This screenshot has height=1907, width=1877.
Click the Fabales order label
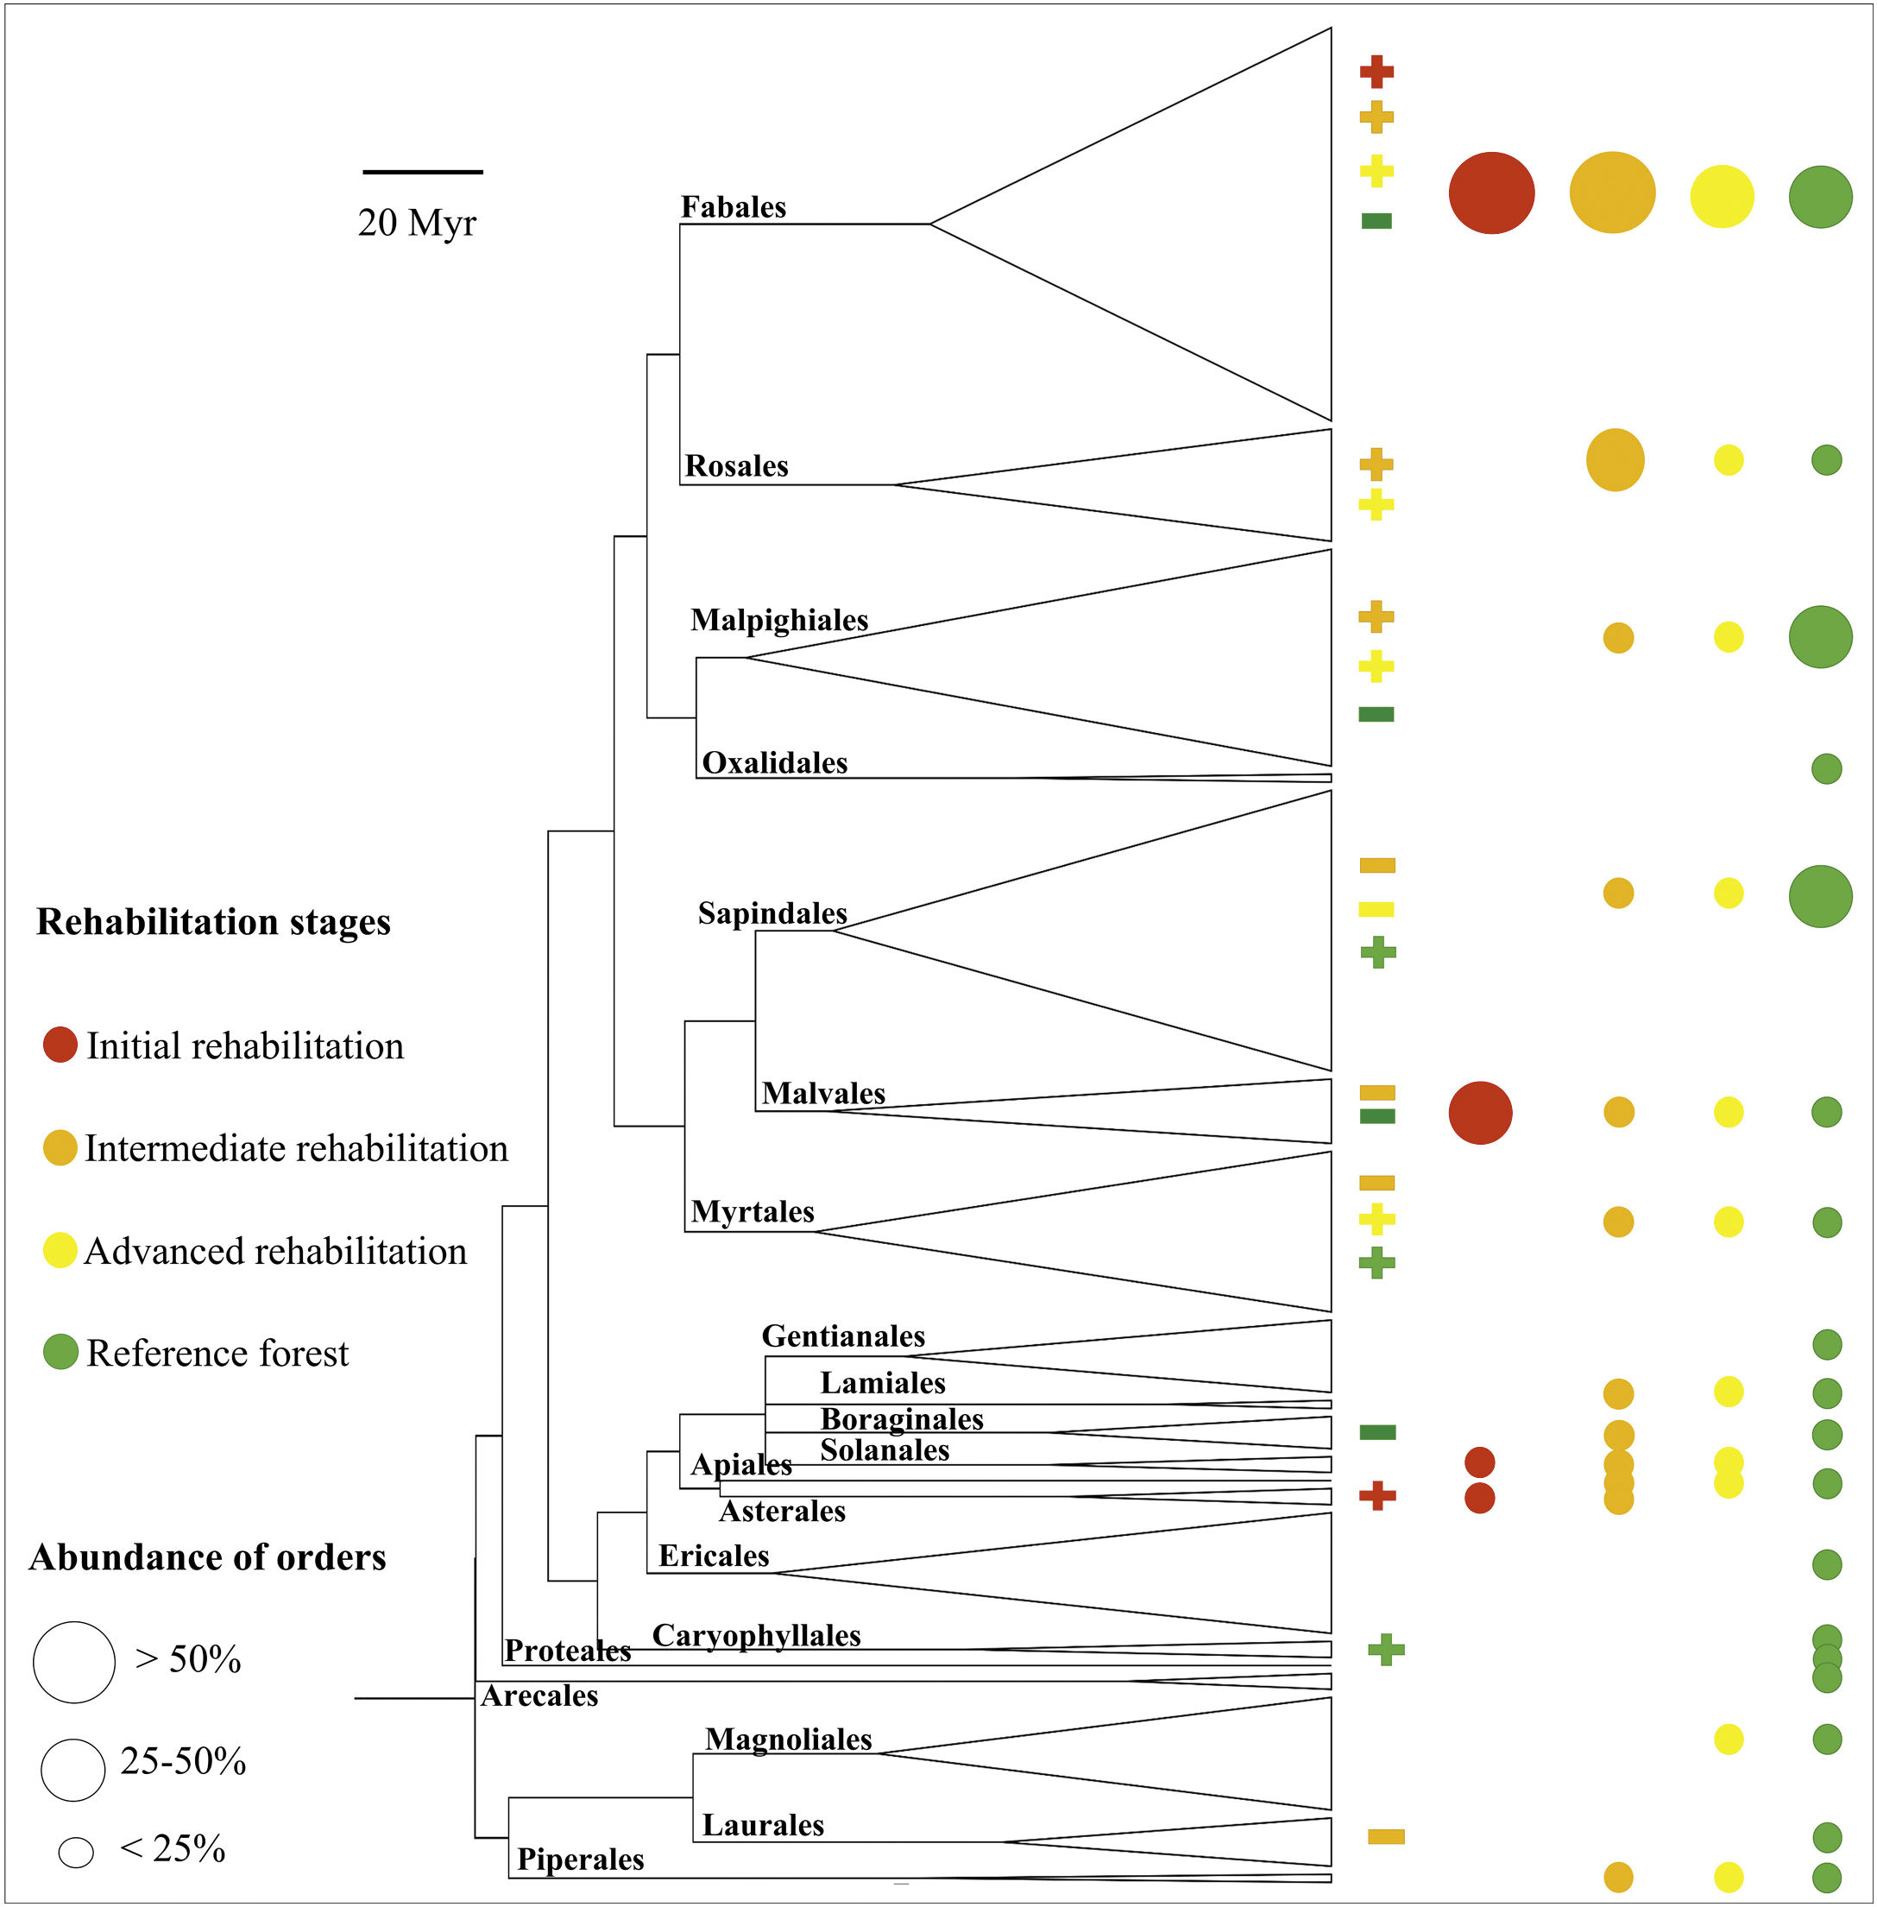[x=734, y=207]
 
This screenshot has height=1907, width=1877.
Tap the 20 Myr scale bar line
[x=422, y=173]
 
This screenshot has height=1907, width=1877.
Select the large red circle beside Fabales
[x=1490, y=193]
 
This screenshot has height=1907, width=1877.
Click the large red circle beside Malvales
[x=1480, y=1114]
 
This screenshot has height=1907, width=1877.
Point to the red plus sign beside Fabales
[x=1376, y=71]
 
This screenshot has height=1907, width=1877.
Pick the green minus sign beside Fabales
[x=1376, y=222]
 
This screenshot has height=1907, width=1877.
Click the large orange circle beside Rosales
[x=1615, y=459]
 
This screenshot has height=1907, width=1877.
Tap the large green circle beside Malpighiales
[x=1820, y=637]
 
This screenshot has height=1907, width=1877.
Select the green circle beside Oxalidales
[x=1826, y=769]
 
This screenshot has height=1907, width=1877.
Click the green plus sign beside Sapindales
[x=1377, y=952]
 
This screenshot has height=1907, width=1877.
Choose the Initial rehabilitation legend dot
[x=60, y=1045]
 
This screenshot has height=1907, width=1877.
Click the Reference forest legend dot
[x=60, y=1352]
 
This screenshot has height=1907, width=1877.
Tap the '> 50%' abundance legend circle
[x=74, y=1662]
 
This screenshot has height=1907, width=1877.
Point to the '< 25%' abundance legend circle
[x=76, y=1853]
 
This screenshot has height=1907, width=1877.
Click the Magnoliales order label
[x=788, y=1740]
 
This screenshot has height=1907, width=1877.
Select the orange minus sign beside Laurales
[x=1385, y=1836]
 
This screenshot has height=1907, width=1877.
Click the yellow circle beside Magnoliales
[x=1729, y=1740]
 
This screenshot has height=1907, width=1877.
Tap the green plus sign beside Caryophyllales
[x=1385, y=1650]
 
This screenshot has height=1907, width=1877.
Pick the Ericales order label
[x=714, y=1556]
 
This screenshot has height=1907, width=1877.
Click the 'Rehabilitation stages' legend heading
[x=213, y=922]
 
